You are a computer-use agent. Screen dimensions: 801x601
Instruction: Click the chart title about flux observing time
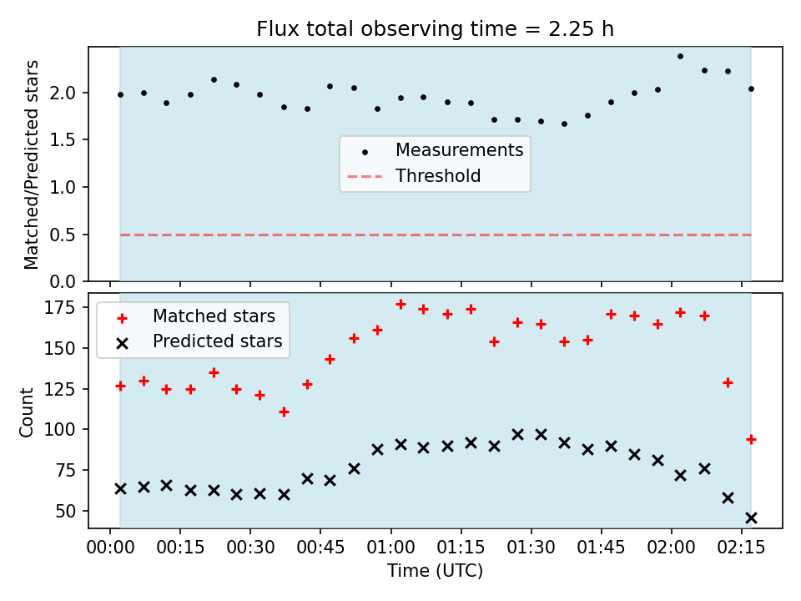(435, 29)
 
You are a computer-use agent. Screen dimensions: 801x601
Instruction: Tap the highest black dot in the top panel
(680, 56)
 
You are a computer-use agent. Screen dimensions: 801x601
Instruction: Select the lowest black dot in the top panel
(564, 124)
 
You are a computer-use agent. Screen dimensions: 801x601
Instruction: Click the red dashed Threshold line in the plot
(436, 235)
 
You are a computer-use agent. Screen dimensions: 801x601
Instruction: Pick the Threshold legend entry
(415, 176)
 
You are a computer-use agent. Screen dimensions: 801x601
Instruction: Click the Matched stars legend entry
(195, 316)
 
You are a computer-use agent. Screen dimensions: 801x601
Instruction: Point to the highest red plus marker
(400, 305)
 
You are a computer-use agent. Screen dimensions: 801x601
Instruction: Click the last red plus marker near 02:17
(751, 439)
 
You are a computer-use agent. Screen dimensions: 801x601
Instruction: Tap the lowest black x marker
(751, 518)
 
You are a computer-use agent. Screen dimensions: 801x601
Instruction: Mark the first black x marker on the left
(120, 489)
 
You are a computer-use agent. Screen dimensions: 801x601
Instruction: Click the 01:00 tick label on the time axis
(390, 548)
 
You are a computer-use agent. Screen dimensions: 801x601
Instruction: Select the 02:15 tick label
(741, 548)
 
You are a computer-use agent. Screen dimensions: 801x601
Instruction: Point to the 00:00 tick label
(110, 548)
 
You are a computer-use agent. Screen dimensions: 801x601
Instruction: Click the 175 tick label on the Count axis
(60, 308)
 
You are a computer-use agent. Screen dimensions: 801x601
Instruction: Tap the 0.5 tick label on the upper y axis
(63, 235)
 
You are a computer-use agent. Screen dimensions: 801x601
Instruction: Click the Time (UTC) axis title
(435, 571)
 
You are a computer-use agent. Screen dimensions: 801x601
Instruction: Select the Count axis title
(26, 412)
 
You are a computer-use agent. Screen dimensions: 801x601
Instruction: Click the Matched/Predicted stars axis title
(31, 164)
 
